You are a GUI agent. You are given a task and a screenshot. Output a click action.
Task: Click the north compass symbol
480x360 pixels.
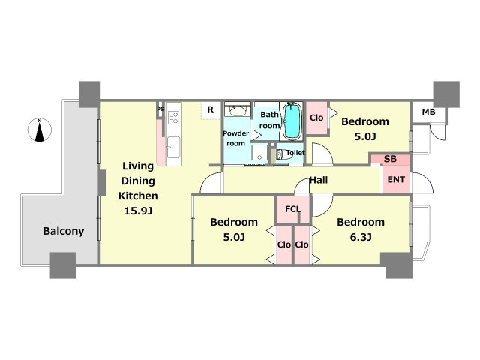[x=40, y=130]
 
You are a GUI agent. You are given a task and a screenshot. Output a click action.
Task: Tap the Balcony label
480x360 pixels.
[x=63, y=231]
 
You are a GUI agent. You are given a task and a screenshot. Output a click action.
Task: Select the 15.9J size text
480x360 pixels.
[x=138, y=211]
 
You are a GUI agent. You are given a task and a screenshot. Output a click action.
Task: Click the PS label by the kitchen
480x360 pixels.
[x=160, y=109]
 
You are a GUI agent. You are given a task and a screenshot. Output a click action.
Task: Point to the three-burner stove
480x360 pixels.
[x=173, y=118]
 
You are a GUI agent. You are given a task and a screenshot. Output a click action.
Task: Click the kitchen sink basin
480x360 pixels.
[x=173, y=147]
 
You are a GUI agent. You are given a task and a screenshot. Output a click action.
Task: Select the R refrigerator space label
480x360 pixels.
[x=211, y=109]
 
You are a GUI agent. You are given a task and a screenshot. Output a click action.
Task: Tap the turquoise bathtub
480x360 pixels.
[x=292, y=121]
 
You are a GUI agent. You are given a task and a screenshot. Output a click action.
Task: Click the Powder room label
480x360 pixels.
[x=235, y=138]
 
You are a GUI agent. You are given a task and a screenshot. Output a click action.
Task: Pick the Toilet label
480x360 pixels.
[x=295, y=153]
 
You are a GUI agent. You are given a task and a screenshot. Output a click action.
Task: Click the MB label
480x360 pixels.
[x=428, y=112]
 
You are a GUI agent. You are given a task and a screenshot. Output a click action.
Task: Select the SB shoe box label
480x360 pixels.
[x=390, y=159]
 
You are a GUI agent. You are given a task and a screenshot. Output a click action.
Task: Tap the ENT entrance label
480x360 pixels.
[x=396, y=180]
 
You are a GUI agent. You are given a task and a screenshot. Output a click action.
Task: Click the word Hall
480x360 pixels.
[x=319, y=180]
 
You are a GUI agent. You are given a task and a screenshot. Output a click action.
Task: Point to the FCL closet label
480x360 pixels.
[x=293, y=209]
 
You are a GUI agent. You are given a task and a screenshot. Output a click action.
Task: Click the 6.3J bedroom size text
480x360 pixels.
[x=361, y=237]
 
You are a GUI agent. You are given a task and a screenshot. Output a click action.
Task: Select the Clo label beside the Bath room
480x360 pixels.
[x=316, y=118]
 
